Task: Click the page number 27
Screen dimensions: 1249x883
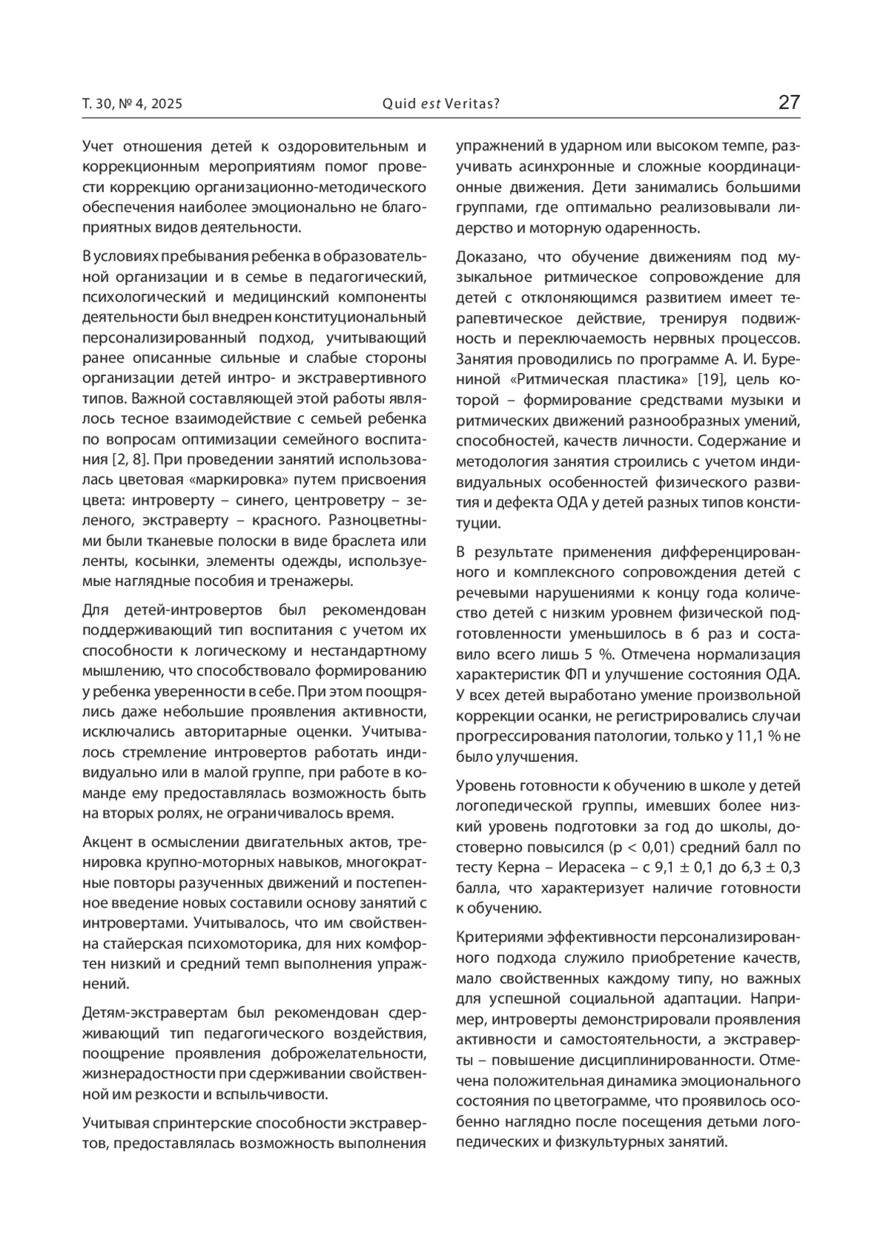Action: point(789,102)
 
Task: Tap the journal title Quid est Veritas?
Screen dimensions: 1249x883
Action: point(441,104)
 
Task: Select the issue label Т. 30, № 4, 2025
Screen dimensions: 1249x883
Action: point(132,104)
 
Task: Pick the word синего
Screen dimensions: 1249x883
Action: point(261,500)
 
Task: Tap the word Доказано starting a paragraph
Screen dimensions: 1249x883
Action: point(489,257)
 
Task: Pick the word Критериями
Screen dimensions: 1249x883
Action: point(496,938)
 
